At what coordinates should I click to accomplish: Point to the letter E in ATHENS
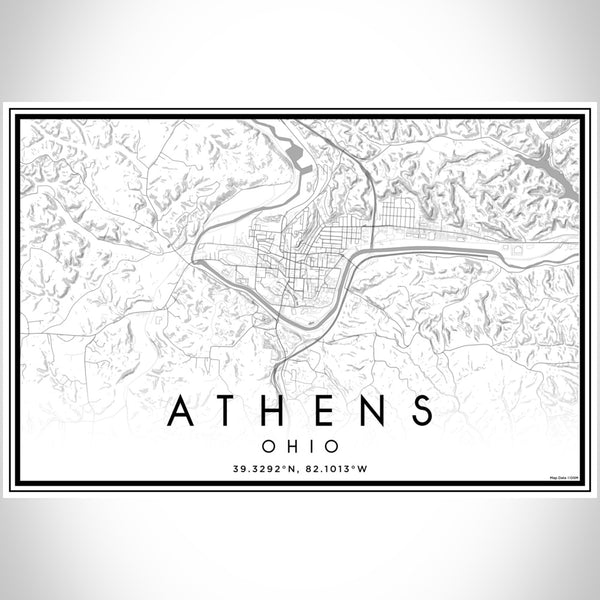(x=331, y=411)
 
